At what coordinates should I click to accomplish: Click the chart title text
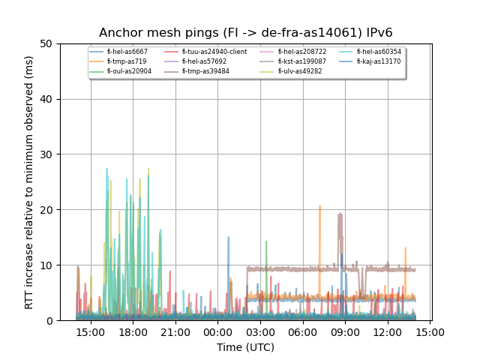pyautogui.click(x=246, y=33)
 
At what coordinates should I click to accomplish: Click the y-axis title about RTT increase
pyautogui.click(x=29, y=182)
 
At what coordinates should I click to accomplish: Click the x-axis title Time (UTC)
pyautogui.click(x=246, y=347)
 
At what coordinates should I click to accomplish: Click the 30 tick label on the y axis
pyautogui.click(x=50, y=154)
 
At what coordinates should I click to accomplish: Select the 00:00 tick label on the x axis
pyautogui.click(x=217, y=332)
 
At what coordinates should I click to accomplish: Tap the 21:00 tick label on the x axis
pyautogui.click(x=175, y=332)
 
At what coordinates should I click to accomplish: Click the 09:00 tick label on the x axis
pyautogui.click(x=344, y=332)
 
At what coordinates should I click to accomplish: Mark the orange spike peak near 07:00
pyautogui.click(x=319, y=206)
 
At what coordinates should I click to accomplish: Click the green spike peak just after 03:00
pyautogui.click(x=266, y=242)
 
